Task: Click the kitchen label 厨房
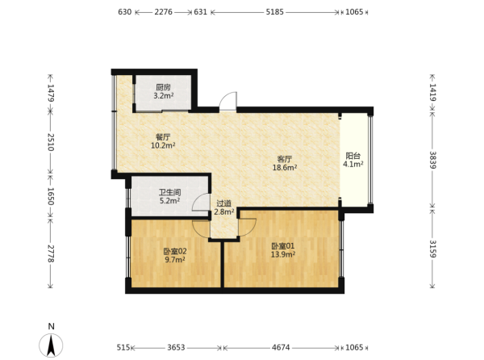pos(163,87)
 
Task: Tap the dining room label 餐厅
pos(163,136)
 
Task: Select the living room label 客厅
pos(284,159)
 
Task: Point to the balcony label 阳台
pos(353,156)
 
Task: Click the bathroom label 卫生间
pos(169,193)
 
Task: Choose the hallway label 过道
pos(223,203)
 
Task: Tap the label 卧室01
pos(283,246)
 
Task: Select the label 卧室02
pos(175,251)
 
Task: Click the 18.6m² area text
pos(285,168)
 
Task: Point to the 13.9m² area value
pos(283,255)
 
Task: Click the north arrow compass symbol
pos(51,345)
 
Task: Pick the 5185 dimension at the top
pos(275,12)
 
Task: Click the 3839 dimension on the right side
pos(432,160)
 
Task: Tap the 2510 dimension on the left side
pos(51,142)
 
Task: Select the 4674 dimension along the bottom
pos(281,348)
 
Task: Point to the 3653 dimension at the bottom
pos(176,348)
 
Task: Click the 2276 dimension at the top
pos(163,12)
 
